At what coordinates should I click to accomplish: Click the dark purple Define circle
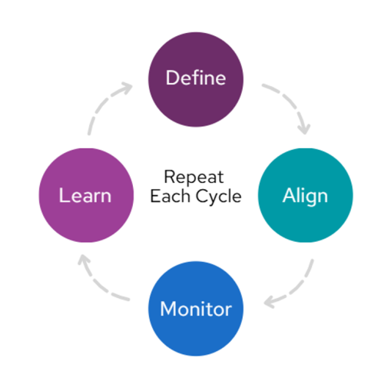click(196, 79)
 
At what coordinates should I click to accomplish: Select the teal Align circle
click(305, 195)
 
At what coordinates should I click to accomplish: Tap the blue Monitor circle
click(196, 309)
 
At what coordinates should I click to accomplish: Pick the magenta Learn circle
click(86, 195)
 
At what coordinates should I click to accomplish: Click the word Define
click(196, 78)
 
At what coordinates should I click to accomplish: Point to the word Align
click(305, 197)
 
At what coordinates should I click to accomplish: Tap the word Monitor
click(196, 309)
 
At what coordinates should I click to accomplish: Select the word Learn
click(85, 195)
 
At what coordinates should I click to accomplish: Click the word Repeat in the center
click(194, 177)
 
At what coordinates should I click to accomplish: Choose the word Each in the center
click(171, 196)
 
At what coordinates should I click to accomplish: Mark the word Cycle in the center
click(218, 197)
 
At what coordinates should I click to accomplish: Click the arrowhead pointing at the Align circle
click(305, 129)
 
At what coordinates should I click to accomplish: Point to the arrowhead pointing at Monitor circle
click(270, 302)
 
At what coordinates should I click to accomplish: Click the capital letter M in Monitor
click(167, 309)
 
